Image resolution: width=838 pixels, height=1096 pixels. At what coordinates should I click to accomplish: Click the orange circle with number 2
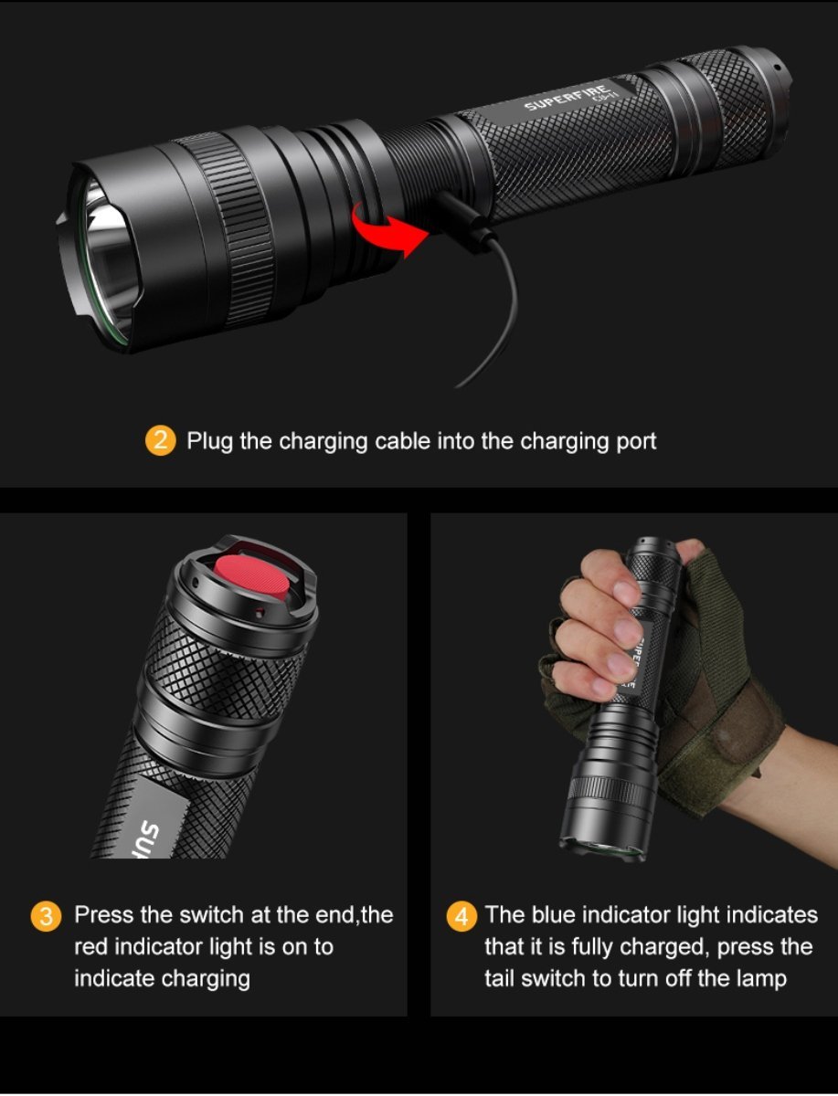pos(160,440)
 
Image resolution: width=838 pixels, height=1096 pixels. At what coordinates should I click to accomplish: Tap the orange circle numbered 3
pos(46,916)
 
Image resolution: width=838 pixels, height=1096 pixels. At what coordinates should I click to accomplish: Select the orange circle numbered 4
pos(461,916)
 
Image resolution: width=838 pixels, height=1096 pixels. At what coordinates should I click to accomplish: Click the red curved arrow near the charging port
pos(390,229)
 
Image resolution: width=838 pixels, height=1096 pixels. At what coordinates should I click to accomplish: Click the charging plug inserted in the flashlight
pos(461,218)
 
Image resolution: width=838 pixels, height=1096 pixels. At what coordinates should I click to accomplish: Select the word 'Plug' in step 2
pos(209,441)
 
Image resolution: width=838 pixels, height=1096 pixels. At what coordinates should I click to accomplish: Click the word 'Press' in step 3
pos(104,915)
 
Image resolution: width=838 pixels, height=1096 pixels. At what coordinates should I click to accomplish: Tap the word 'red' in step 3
pos(90,947)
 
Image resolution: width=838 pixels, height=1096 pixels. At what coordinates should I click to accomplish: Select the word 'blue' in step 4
pos(554,915)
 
